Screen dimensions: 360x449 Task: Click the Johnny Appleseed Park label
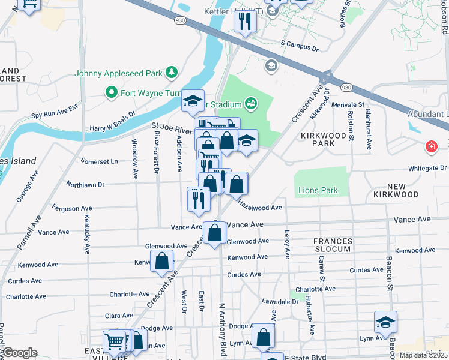click(118, 73)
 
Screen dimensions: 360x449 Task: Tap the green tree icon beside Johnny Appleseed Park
click(172, 73)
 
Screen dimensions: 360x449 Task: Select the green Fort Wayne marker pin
click(110, 92)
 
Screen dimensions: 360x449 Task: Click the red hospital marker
click(430, 147)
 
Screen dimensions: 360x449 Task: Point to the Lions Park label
click(318, 191)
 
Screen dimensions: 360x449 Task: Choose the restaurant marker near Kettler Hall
click(246, 21)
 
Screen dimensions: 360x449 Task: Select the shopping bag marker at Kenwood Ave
click(162, 261)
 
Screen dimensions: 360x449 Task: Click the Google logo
click(20, 352)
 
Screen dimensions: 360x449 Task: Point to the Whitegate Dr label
click(427, 169)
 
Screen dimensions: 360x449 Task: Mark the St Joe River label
click(171, 128)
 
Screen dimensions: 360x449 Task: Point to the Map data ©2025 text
click(423, 355)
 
